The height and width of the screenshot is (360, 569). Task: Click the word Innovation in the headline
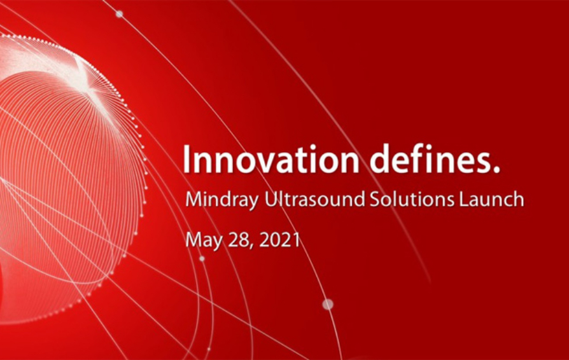coord(270,159)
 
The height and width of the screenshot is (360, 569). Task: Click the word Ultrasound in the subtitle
coord(314,199)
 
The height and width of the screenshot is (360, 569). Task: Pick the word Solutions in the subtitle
coord(412,199)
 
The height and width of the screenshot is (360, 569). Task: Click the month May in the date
coord(204,240)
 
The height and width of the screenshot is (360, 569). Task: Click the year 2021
coord(280,240)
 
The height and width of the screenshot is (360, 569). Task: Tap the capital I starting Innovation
coord(186,159)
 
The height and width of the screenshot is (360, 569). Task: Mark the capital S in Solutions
coord(374,199)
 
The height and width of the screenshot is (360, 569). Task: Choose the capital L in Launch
coord(464,199)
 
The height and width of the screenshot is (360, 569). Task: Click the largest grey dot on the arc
coord(328,305)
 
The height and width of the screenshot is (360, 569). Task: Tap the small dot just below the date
coord(202,258)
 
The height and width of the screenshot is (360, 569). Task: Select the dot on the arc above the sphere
coord(119,14)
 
